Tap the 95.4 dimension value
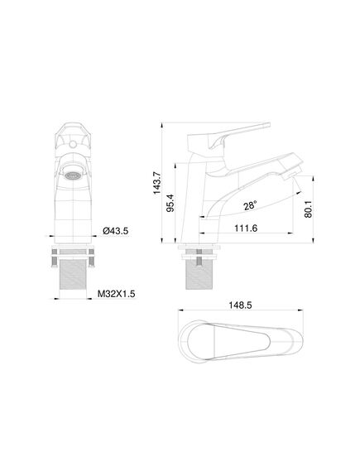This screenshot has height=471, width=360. point(170,203)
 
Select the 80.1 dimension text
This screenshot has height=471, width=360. point(308,209)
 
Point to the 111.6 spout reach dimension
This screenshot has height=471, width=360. point(246,228)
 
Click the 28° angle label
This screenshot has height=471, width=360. point(250,206)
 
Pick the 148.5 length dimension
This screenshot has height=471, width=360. point(240,305)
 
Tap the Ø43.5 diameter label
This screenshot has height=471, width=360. point(116,231)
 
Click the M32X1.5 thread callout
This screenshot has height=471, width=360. point(116,294)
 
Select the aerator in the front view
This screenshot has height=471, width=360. point(73,175)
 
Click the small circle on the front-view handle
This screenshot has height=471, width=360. point(73,145)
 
